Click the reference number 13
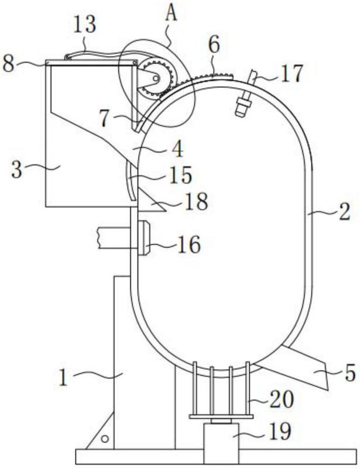click(x=84, y=25)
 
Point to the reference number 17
click(x=292, y=73)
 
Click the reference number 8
click(x=8, y=63)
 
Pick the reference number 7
click(x=105, y=119)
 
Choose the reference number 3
click(x=17, y=170)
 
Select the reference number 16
click(x=189, y=245)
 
